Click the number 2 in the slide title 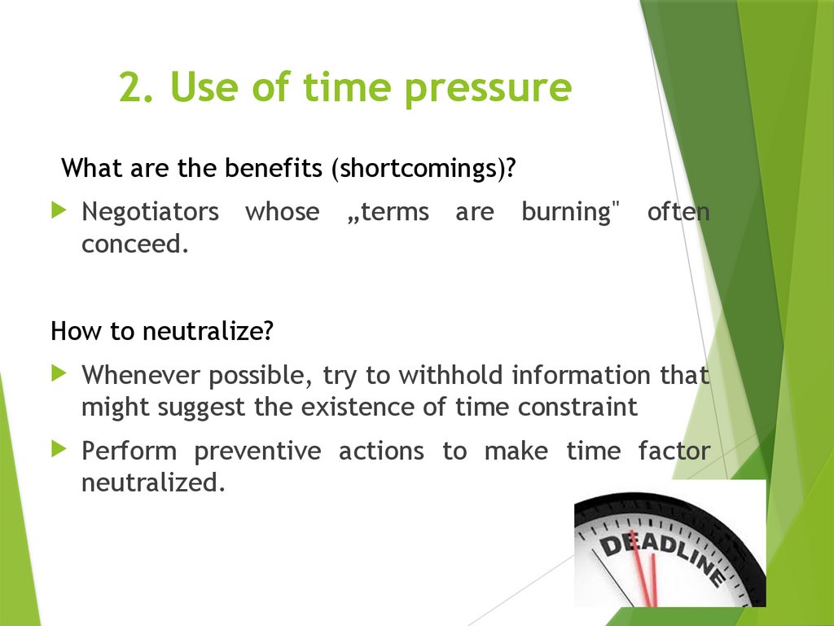[131, 88]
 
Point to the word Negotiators [150, 212]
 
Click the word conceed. [134, 245]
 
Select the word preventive [257, 451]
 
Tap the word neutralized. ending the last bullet [152, 483]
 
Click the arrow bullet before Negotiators [58, 210]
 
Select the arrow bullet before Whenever [58, 373]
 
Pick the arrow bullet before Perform [58, 448]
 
